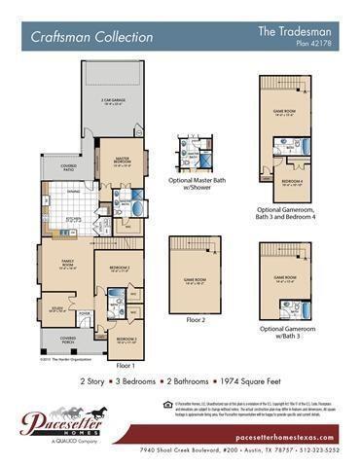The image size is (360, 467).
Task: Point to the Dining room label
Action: click(73, 192)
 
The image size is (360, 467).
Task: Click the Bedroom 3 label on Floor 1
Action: click(126, 340)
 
